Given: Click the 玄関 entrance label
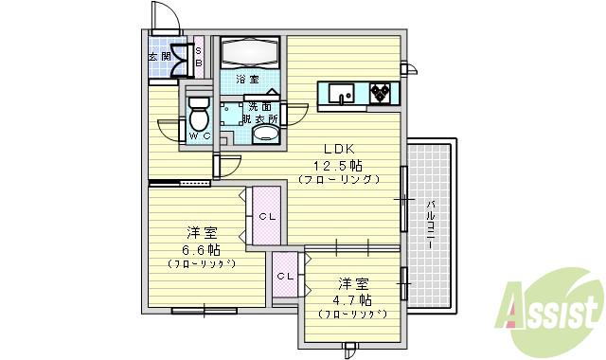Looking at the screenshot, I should point(159,56).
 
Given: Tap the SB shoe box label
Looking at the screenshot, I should point(199,56).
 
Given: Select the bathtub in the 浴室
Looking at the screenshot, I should point(250,51).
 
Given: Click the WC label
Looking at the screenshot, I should point(198,137).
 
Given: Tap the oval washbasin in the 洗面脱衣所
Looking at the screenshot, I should point(265,135).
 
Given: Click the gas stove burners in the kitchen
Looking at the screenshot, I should point(382,92).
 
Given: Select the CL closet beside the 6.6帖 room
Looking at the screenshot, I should point(267,217).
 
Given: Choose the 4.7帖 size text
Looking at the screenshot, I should point(351,299).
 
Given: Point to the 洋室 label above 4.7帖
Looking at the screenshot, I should point(352,283).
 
